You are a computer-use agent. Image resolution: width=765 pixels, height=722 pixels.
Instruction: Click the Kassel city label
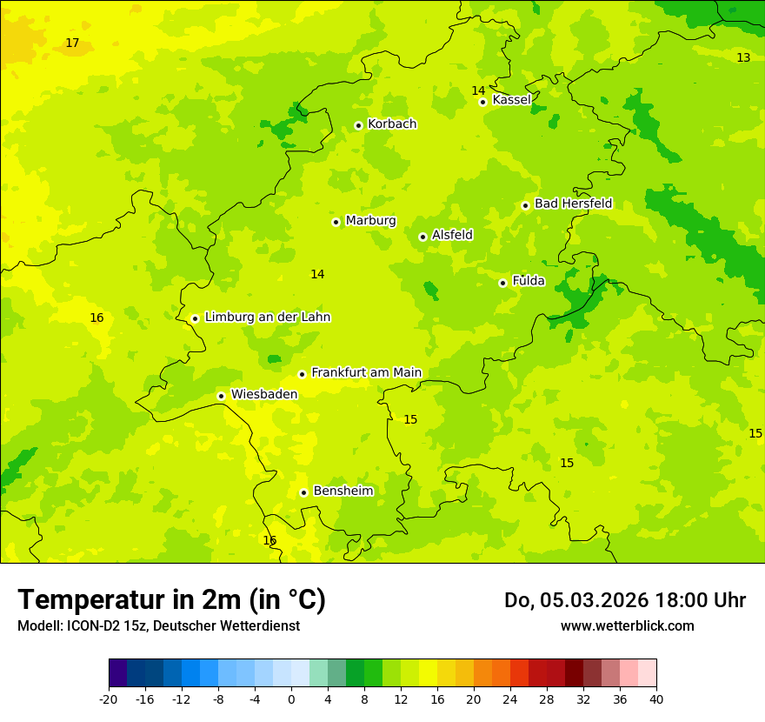point(511,100)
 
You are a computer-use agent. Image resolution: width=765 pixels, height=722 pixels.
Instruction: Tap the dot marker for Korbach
point(358,125)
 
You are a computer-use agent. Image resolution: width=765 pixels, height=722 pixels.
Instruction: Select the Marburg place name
point(370,221)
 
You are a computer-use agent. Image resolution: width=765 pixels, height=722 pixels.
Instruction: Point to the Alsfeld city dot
point(422,237)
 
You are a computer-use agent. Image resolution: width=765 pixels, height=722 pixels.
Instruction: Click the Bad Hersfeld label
point(573,204)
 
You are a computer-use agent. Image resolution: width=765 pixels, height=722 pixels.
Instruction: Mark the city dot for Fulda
point(502,283)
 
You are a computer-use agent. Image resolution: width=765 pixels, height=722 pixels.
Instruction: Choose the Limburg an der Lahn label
point(267,318)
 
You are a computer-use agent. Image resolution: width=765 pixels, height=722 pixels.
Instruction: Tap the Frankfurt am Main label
point(366,372)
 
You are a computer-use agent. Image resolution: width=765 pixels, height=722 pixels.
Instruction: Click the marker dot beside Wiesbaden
point(222,396)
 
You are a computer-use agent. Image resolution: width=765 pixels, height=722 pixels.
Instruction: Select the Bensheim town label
point(343,491)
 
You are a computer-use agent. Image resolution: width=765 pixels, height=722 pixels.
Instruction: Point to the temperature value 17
point(72,43)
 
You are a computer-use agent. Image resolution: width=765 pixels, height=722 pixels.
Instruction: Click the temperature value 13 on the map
point(743,57)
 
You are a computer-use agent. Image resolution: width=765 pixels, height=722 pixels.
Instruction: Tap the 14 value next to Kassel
point(478,90)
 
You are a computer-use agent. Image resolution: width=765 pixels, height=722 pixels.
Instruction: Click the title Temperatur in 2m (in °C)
point(171,600)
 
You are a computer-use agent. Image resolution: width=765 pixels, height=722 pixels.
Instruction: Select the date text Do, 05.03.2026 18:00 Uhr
point(624,600)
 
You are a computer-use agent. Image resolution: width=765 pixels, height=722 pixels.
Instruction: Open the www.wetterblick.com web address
point(627,625)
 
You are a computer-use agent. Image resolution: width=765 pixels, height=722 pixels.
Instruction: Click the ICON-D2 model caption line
point(158,625)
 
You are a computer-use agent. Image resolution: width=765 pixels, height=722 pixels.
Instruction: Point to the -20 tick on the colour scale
point(109,699)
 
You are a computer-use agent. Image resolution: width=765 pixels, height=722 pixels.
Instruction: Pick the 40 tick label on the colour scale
point(656,699)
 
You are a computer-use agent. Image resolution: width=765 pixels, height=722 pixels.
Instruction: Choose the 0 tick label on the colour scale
point(291,699)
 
